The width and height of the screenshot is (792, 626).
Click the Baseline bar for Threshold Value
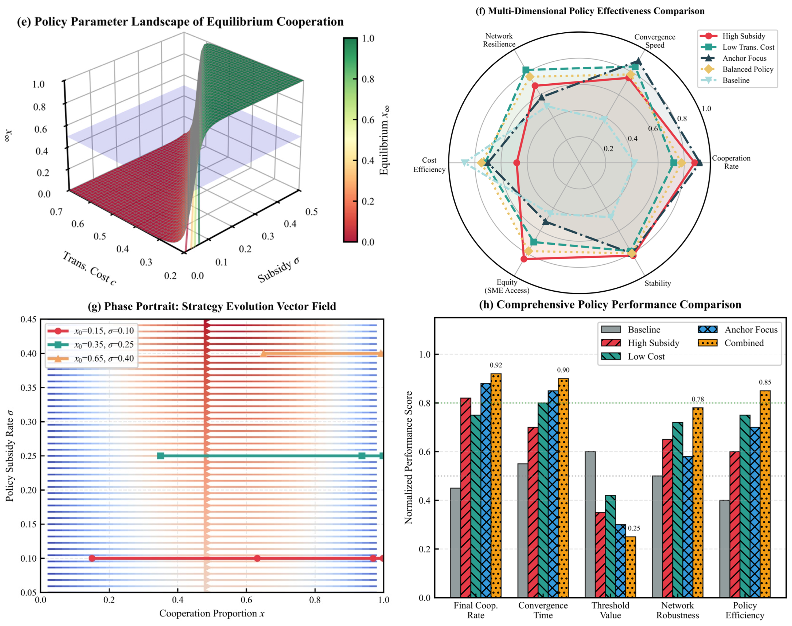tap(590, 524)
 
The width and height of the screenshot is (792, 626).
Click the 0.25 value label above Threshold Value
tap(634, 528)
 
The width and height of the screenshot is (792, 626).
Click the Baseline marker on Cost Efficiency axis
tap(464, 163)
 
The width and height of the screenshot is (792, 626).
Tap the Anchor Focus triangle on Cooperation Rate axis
tap(699, 162)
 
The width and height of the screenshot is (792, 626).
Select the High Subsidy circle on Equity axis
tap(524, 259)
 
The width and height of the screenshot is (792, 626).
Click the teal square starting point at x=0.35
tap(161, 456)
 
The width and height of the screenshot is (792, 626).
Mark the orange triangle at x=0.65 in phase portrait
tap(263, 353)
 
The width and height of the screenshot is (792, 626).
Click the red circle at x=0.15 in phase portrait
tap(92, 558)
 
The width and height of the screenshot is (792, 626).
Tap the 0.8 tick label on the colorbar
tap(368, 79)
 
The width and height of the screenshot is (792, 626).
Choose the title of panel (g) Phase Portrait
tap(212, 306)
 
